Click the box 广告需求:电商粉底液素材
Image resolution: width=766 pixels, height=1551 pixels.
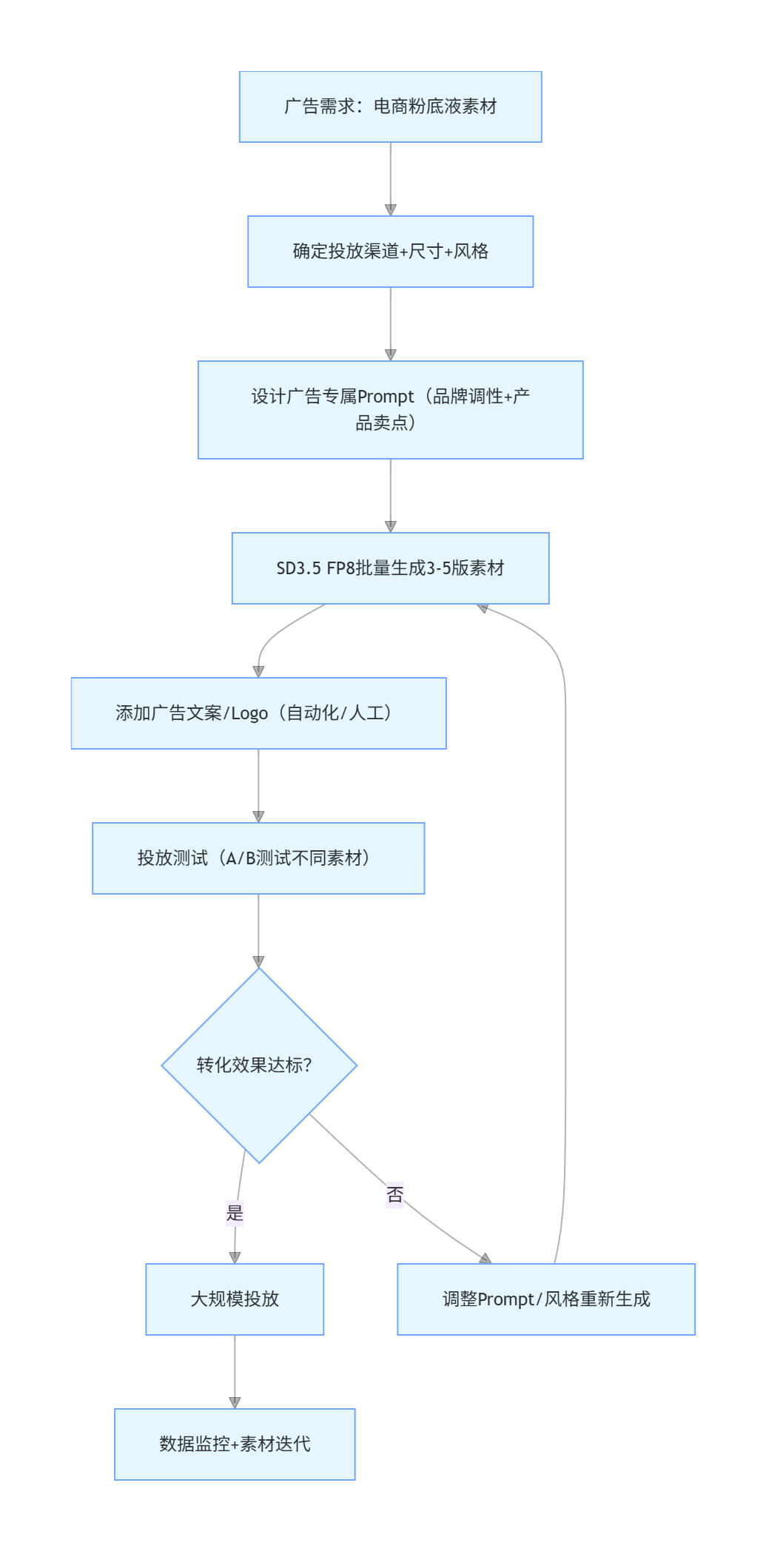point(390,107)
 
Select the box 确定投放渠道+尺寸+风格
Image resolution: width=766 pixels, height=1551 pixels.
point(390,252)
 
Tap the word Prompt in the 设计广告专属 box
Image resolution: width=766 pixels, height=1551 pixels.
point(386,397)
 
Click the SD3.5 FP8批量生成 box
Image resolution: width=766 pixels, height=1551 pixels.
point(390,568)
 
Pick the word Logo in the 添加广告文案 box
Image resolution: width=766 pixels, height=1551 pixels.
point(249,714)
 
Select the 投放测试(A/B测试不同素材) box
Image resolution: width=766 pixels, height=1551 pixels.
point(258,858)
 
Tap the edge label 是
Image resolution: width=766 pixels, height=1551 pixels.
point(235,1213)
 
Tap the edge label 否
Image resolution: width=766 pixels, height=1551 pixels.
point(395,1194)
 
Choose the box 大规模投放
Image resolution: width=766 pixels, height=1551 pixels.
point(235,1299)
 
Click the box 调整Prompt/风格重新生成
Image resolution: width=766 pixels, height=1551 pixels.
point(545,1299)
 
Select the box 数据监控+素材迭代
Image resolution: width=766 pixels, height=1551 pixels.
point(235,1444)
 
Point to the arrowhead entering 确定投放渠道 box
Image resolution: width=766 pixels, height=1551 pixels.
point(391,210)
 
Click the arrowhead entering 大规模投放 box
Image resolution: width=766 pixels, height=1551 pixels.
point(235,1257)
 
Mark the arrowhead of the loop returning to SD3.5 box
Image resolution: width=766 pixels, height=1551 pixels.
point(483,608)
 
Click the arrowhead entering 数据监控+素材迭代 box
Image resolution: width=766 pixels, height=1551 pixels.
point(235,1402)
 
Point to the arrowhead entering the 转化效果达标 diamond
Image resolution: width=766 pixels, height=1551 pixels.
point(258,961)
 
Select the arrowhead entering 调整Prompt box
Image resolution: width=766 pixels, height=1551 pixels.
point(486,1259)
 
